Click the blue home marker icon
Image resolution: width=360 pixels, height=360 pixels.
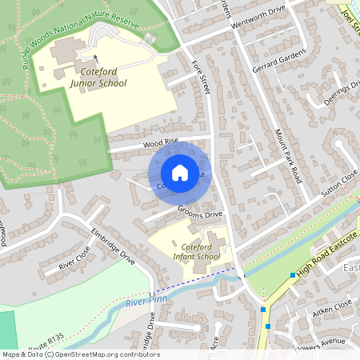pos(180,173)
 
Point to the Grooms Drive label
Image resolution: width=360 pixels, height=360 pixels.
pos(200,214)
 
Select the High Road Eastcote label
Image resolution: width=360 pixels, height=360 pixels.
pos(325,258)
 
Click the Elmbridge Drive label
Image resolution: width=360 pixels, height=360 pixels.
pos(113,247)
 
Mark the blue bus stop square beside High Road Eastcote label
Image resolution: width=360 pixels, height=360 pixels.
pos(293,275)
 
